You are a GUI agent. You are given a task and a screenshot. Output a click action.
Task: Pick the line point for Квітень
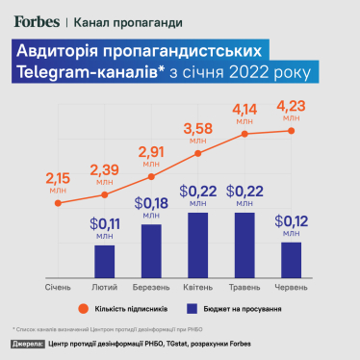[x=198, y=153]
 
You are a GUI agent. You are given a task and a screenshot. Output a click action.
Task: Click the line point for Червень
[x=291, y=131]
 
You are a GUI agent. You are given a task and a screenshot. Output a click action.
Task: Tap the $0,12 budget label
[x=291, y=225]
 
